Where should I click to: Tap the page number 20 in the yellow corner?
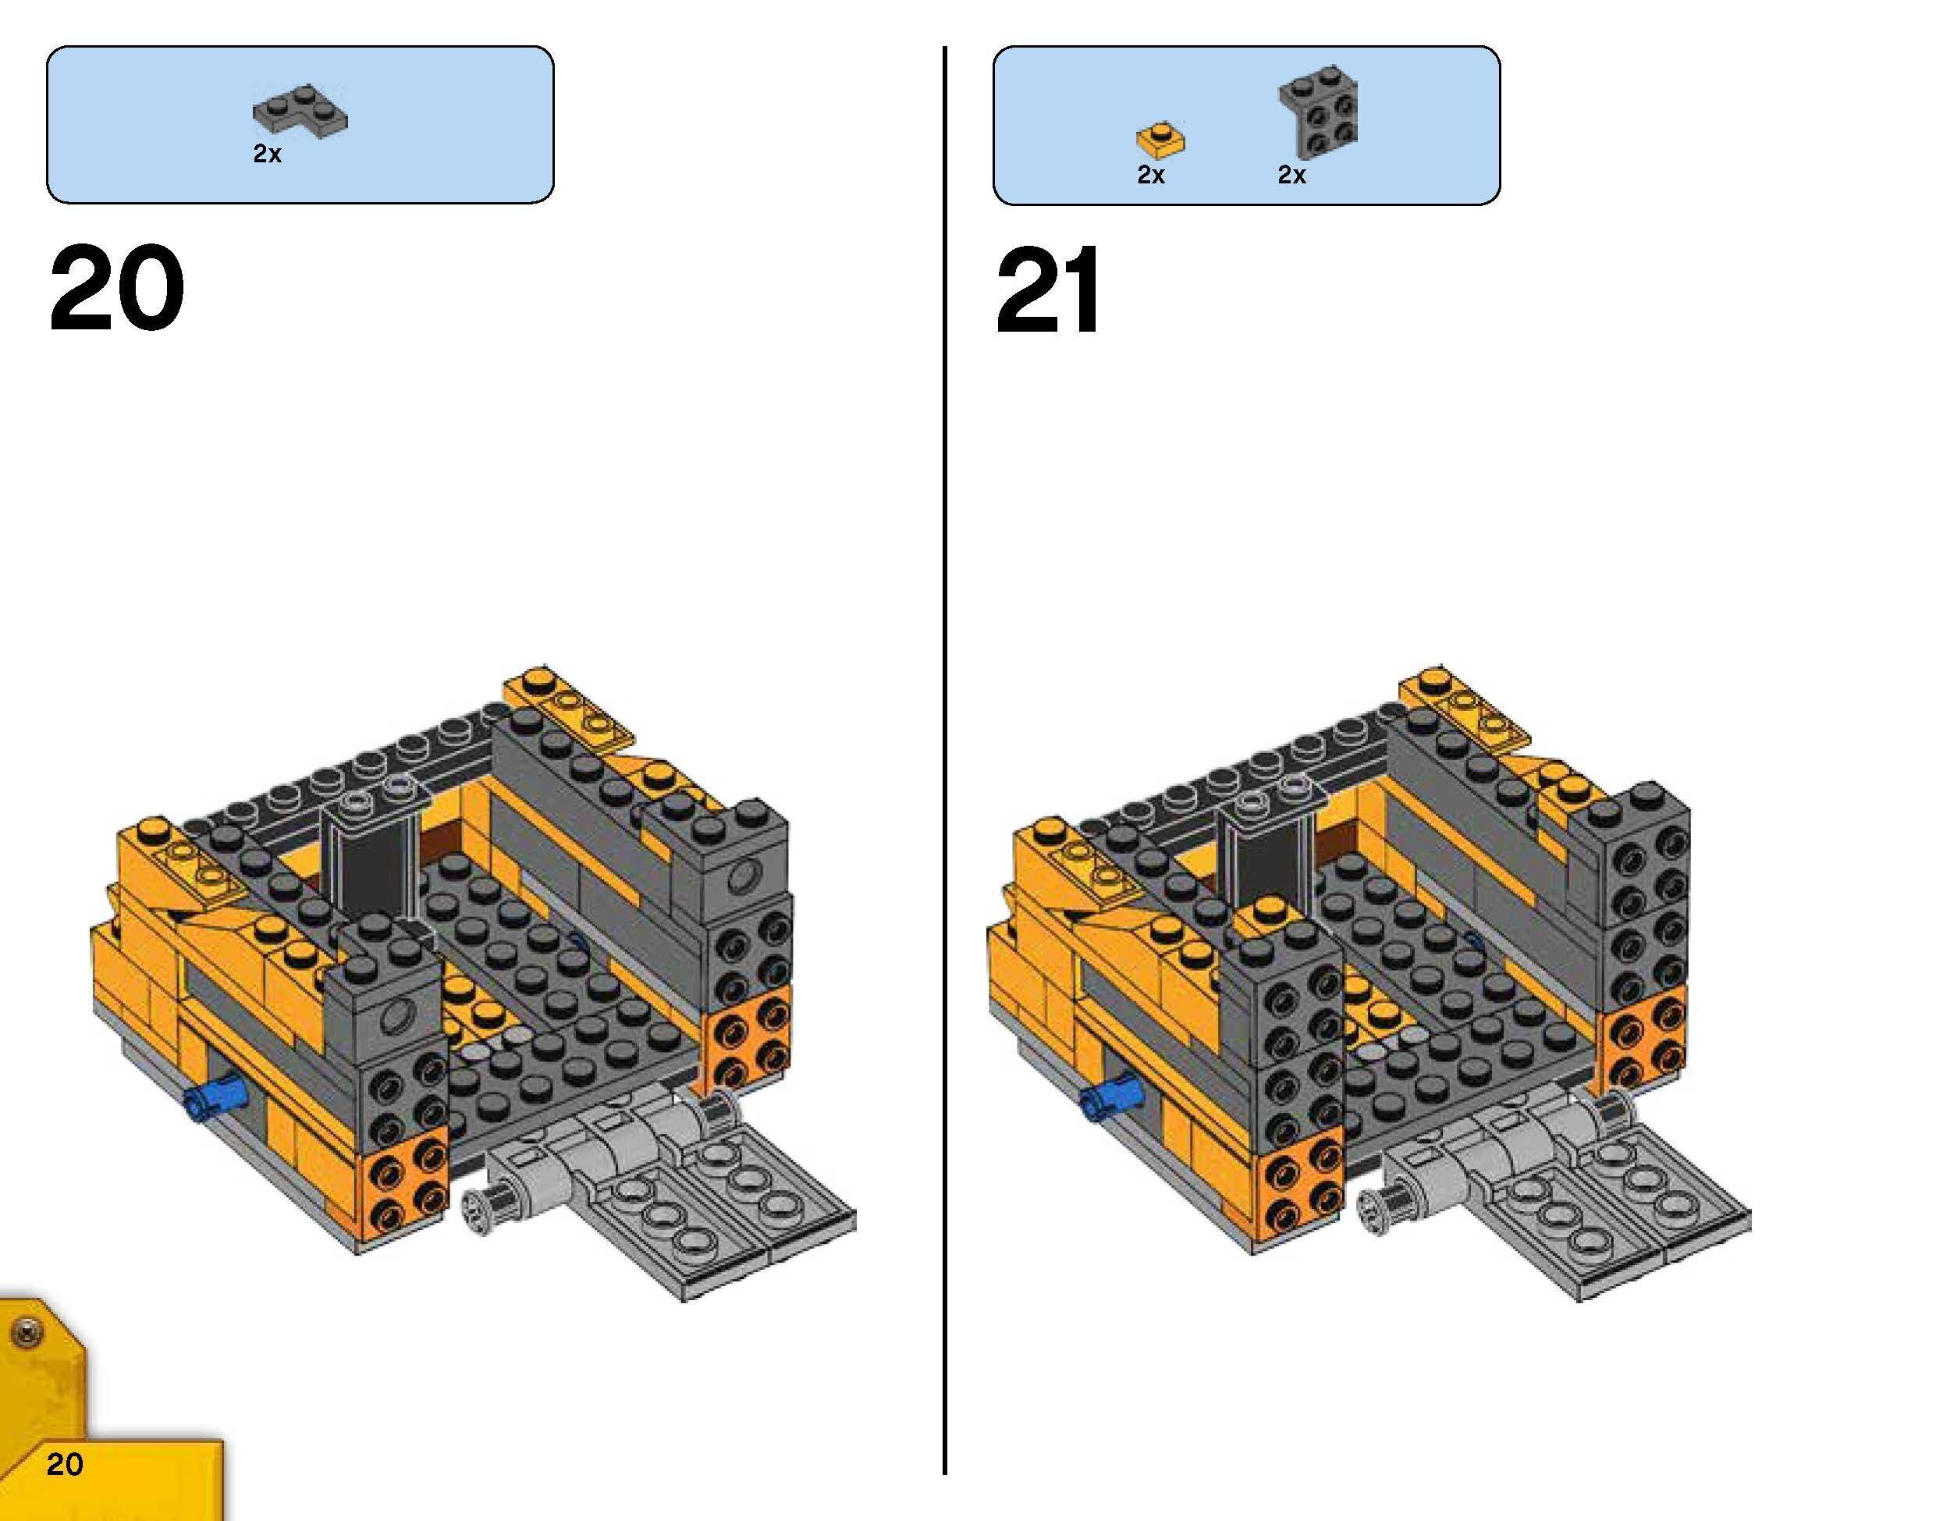[65, 1463]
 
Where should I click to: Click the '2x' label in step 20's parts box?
[267, 154]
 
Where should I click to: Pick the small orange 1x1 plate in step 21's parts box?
[1160, 139]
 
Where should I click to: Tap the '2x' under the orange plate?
[1150, 176]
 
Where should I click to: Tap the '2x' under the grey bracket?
[1291, 176]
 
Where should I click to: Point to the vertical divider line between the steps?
[944, 757]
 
